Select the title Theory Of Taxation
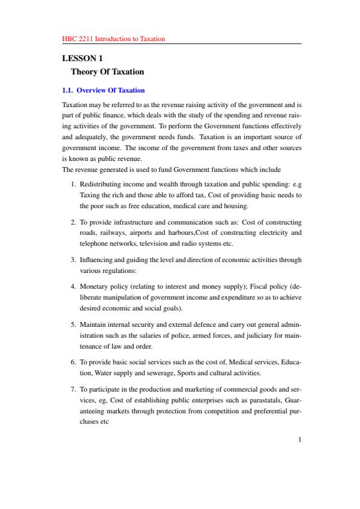108,71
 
